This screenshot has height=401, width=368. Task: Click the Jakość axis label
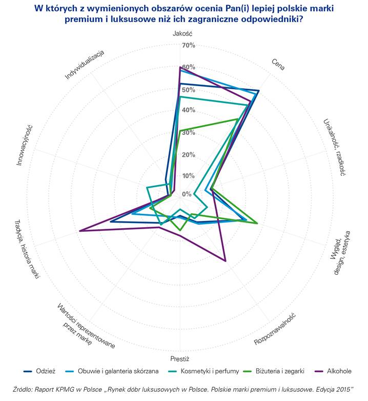180,34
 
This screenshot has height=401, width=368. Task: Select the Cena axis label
278,64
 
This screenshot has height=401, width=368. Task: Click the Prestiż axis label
180,358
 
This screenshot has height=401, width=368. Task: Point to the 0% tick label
187,194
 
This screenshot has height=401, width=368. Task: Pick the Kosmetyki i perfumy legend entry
205,371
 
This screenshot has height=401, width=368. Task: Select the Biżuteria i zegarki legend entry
280,371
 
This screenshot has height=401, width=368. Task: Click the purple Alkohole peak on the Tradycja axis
80,231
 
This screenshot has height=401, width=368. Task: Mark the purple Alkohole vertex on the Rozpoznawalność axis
226,261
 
